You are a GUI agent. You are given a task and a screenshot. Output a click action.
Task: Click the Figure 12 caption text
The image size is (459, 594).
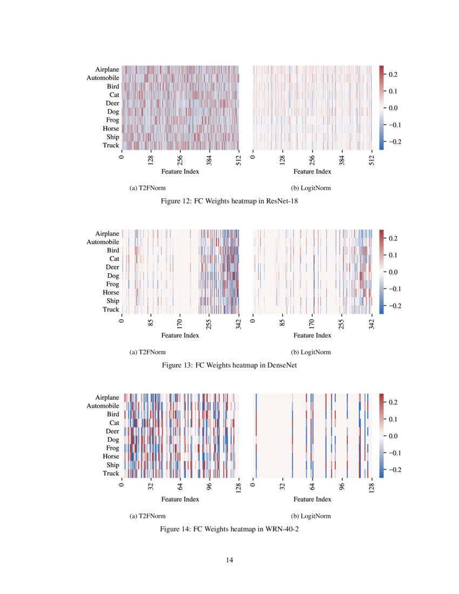(x=230, y=201)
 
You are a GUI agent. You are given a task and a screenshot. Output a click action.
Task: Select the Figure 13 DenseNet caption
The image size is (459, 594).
(x=230, y=365)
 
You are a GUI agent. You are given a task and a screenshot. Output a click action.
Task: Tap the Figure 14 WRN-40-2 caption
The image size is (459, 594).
(x=230, y=529)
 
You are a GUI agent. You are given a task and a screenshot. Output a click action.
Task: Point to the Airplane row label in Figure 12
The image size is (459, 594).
(x=107, y=70)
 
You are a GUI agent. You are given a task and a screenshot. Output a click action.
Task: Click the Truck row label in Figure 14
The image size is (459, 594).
(x=111, y=474)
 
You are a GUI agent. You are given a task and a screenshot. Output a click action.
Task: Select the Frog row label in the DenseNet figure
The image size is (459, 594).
(x=112, y=284)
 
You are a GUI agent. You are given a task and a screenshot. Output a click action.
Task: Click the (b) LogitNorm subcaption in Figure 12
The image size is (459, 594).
(x=311, y=188)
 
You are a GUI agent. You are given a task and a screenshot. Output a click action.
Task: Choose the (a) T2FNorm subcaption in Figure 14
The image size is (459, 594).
(x=147, y=516)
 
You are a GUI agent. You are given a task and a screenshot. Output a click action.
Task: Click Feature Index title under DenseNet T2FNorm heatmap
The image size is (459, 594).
(x=180, y=335)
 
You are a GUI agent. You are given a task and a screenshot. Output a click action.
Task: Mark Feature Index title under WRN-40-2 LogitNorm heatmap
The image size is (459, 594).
(x=312, y=499)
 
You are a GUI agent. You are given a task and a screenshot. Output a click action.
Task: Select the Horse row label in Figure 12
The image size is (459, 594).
(x=111, y=129)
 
